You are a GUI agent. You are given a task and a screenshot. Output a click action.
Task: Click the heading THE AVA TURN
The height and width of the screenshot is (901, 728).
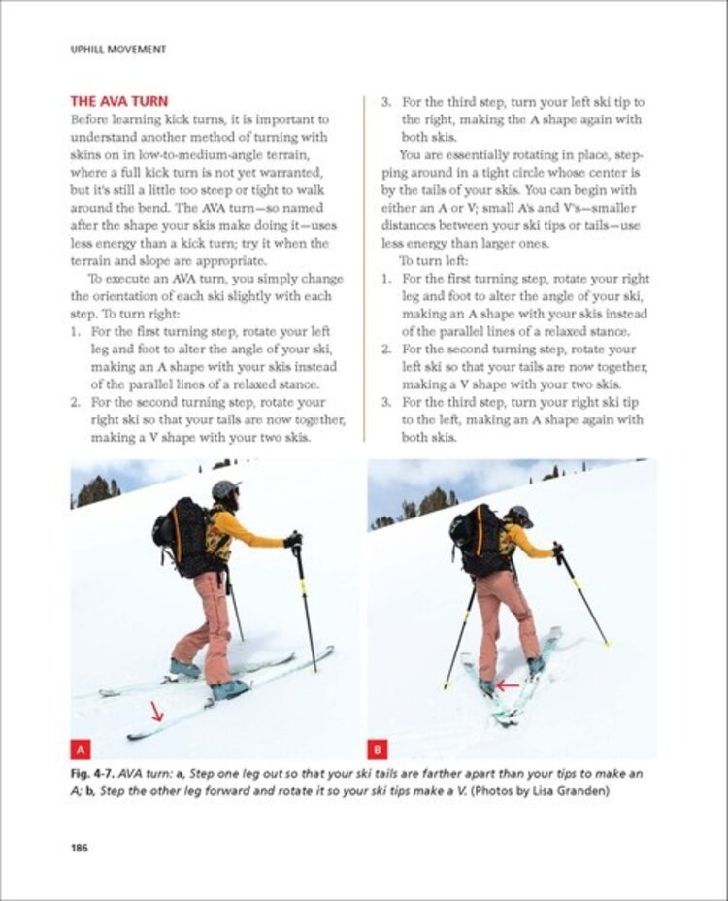click(x=118, y=101)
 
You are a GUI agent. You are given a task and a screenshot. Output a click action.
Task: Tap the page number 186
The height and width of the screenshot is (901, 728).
click(x=79, y=848)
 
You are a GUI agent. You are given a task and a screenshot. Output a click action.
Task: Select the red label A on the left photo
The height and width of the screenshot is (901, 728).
click(x=82, y=749)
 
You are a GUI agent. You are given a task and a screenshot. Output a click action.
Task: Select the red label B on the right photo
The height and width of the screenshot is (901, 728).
click(x=379, y=749)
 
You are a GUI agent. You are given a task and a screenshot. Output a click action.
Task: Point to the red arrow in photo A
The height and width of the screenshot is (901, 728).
click(x=156, y=714)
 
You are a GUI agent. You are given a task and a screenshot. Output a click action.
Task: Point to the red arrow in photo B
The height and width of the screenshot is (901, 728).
click(x=507, y=685)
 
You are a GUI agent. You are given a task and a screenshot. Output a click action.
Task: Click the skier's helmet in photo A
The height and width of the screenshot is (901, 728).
click(x=224, y=489)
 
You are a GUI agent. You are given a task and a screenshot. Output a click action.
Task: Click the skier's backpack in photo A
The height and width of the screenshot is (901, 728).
click(x=183, y=535)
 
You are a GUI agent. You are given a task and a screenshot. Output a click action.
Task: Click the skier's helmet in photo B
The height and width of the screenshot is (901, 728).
click(x=520, y=515)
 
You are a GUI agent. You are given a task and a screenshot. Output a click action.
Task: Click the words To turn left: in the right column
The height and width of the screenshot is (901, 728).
click(x=433, y=261)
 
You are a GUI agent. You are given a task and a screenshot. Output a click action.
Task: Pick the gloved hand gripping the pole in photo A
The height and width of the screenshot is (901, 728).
click(x=292, y=539)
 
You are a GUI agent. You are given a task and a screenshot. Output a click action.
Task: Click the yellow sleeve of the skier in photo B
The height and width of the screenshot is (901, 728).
click(x=528, y=544)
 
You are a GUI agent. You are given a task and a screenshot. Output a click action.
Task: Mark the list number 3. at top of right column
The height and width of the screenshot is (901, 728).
click(x=384, y=102)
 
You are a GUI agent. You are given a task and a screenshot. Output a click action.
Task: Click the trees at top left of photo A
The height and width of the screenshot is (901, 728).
click(x=95, y=490)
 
